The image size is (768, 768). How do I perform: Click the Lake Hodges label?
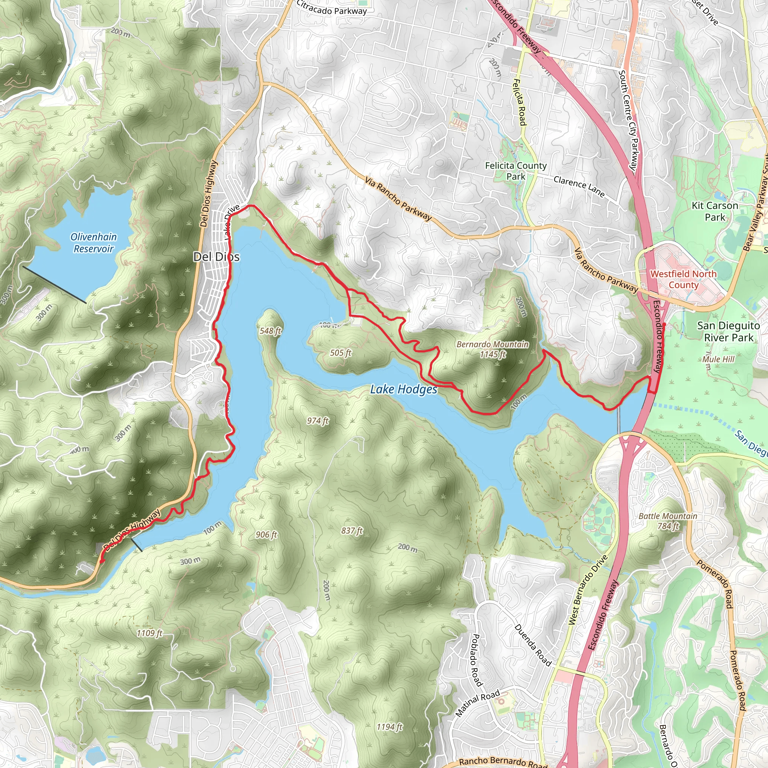point(403,389)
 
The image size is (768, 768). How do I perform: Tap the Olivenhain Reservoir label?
point(94,243)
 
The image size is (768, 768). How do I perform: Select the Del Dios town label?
point(216,257)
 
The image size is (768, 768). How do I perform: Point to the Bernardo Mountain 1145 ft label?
point(492,349)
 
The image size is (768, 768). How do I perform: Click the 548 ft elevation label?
point(270,331)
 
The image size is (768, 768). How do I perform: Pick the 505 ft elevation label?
point(340,352)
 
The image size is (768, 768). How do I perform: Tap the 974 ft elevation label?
point(318,421)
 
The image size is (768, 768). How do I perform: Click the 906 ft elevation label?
point(266,535)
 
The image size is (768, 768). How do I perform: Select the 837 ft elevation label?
point(352,531)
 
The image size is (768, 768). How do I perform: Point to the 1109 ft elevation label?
point(150,633)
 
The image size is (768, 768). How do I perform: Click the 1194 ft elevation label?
point(390,727)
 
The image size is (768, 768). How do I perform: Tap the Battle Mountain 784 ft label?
point(668,521)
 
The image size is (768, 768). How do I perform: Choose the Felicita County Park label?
point(516,171)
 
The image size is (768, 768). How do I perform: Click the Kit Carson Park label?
point(715,211)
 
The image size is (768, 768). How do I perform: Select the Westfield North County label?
point(683,279)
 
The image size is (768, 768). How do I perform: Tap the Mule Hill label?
point(718,359)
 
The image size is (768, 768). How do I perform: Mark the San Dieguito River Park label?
point(728,331)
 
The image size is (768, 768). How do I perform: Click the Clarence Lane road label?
point(579,187)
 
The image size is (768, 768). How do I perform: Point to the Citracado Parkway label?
point(331,8)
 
